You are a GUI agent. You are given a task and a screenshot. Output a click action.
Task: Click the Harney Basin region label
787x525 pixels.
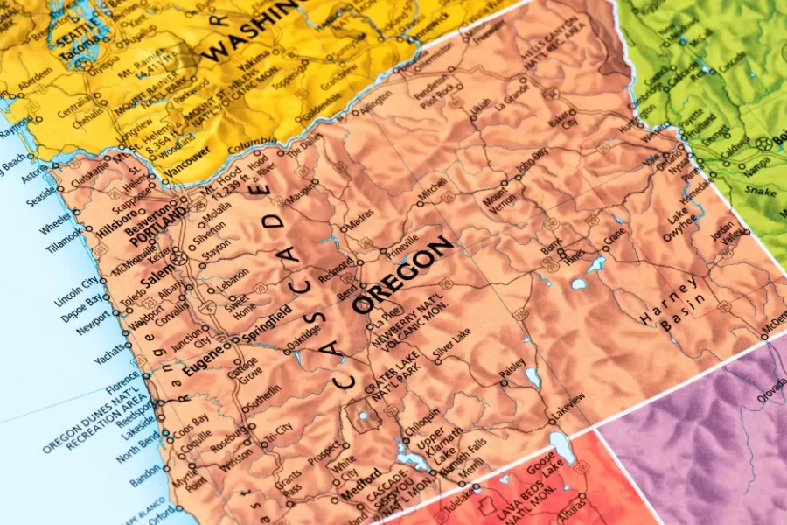pyautogui.click(x=672, y=306)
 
